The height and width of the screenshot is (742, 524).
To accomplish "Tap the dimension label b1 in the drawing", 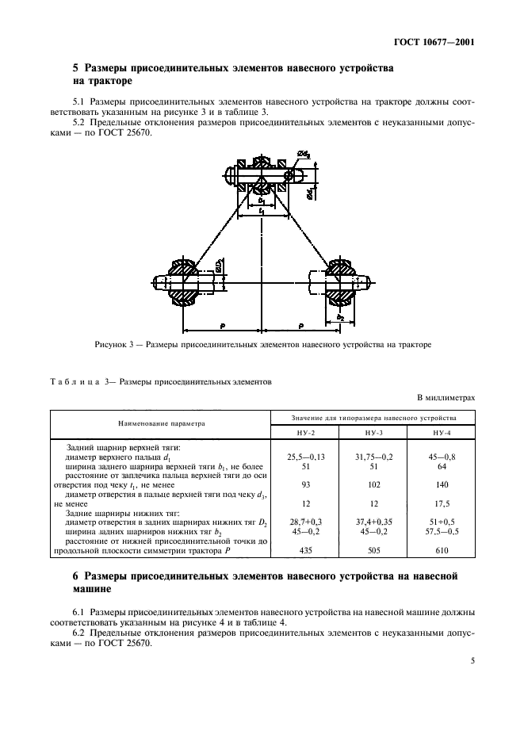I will [262, 202].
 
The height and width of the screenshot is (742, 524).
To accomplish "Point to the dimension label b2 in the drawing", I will [339, 316].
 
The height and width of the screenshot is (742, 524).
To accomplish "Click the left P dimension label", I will [223, 325].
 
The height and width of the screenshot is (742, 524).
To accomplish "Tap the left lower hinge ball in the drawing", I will [183, 281].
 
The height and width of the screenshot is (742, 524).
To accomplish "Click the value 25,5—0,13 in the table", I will [305, 457].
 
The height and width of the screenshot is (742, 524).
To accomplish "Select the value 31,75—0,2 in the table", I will [373, 457].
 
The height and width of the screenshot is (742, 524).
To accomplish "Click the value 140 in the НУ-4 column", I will [441, 484].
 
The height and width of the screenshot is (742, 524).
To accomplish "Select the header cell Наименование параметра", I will [161, 423].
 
